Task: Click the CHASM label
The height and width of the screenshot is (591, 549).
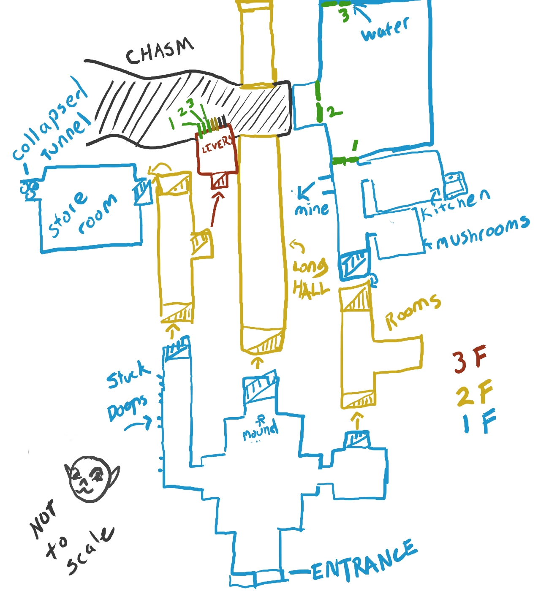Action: coord(160,52)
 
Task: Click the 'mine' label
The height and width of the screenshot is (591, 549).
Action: coord(312,209)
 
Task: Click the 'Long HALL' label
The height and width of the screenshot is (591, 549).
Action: coord(310,279)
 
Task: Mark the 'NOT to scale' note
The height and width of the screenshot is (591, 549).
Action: coord(68,538)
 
